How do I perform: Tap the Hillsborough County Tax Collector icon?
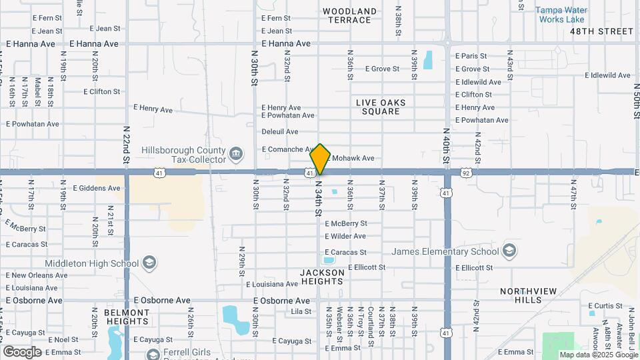point(236,155)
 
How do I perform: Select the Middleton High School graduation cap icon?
point(149,262)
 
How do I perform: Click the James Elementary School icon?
point(510,251)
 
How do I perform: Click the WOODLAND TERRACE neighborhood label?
point(349,15)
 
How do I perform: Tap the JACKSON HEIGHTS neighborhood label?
point(323,277)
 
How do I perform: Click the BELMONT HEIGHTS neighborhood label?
point(127,317)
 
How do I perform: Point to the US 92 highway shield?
point(465,172)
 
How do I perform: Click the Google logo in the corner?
point(22,351)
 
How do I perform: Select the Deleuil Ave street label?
point(280,131)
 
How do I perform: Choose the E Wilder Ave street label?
point(345,236)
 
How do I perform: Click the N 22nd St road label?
point(126,144)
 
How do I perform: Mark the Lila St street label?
point(301,311)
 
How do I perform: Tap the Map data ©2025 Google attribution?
point(598,355)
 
